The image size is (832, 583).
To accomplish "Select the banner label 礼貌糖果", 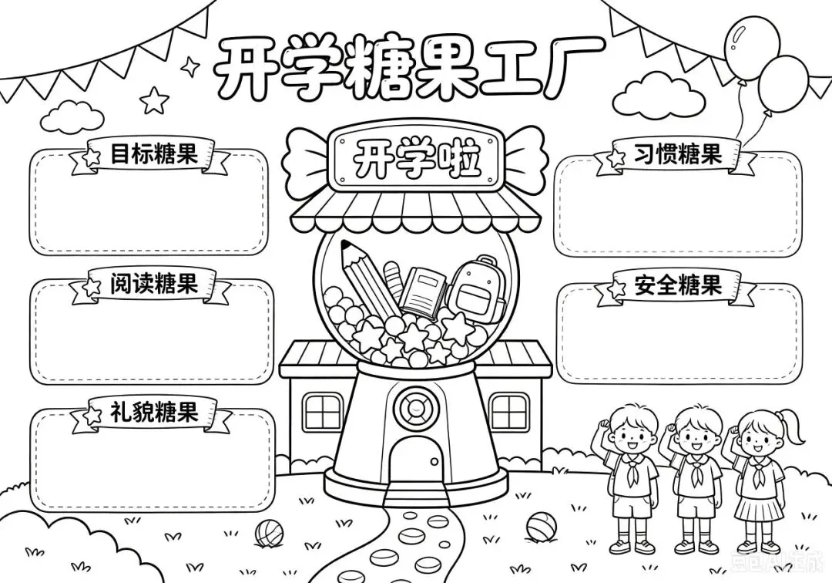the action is coord(154,411).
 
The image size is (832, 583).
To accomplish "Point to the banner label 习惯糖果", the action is coord(678,154).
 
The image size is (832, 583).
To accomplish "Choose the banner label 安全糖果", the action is coord(678,284).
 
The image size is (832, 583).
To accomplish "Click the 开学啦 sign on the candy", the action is coord(414,157).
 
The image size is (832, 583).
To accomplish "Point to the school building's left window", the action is coord(322,412).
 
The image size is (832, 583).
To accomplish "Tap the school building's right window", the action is coord(509,412).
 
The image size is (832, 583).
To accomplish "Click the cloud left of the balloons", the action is coord(659,96).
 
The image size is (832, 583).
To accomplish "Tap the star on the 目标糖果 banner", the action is coord(91,157).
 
